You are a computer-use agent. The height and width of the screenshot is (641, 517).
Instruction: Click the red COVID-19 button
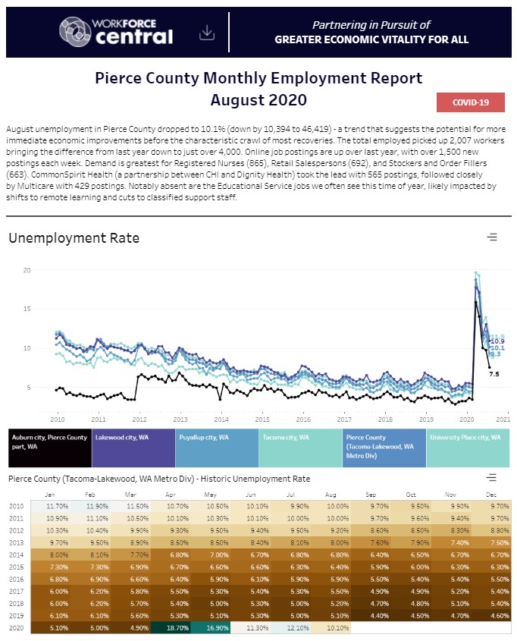(x=470, y=102)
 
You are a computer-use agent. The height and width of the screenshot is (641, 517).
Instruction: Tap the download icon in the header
(x=206, y=33)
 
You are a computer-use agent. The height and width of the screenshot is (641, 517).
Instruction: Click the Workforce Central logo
(x=117, y=31)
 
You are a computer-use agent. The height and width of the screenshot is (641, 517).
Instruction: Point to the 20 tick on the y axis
(x=27, y=270)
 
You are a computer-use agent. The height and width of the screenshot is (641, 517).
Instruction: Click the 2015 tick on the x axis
(x=262, y=418)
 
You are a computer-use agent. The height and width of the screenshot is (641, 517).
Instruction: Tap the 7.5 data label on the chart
(x=493, y=374)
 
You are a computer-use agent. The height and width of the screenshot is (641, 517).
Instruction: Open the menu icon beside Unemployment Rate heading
(x=492, y=237)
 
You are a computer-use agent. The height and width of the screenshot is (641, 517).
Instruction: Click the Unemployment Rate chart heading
(x=74, y=238)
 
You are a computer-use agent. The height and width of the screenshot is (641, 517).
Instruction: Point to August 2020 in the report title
(x=258, y=99)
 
